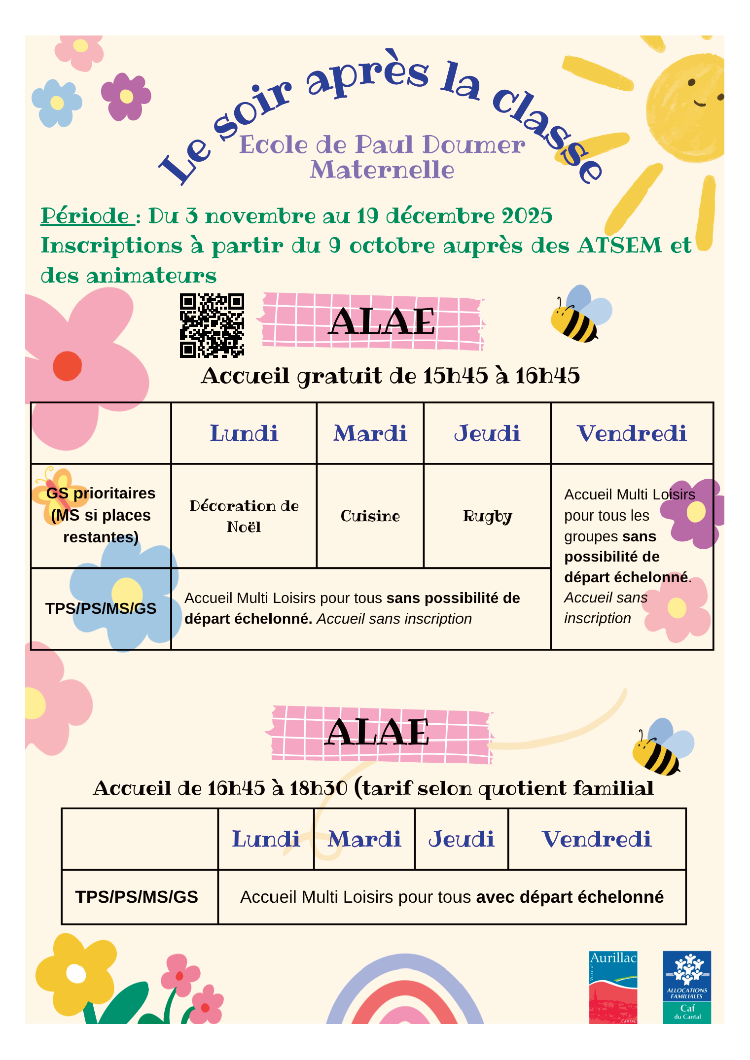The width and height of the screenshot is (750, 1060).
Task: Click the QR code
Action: pyautogui.click(x=212, y=325)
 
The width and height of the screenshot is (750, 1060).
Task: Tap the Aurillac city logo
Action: pyautogui.click(x=613, y=987)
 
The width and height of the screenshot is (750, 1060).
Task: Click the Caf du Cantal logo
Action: pyautogui.click(x=686, y=987)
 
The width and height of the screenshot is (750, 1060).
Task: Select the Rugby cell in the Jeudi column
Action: pyautogui.click(x=487, y=516)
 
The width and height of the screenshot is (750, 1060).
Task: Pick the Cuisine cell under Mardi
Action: pyautogui.click(x=370, y=516)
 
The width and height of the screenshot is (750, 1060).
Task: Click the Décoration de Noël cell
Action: pyautogui.click(x=244, y=516)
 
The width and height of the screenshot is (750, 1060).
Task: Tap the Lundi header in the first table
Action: pyautogui.click(x=244, y=433)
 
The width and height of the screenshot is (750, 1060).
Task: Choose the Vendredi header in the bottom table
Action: pyautogui.click(x=597, y=839)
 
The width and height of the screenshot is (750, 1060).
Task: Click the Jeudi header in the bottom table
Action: pyautogui.click(x=461, y=839)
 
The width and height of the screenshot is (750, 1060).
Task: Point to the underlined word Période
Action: pyautogui.click(x=85, y=216)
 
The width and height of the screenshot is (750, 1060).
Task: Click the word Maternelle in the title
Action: pyautogui.click(x=382, y=170)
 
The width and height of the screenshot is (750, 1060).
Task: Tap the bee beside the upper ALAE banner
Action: pyautogui.click(x=579, y=316)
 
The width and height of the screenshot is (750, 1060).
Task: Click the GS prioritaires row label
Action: pyautogui.click(x=101, y=515)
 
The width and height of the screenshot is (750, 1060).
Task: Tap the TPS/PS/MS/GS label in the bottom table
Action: pyautogui.click(x=137, y=897)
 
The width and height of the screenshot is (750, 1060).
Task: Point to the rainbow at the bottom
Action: pyautogui.click(x=404, y=996)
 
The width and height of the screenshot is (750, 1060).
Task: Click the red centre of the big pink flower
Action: pyautogui.click(x=67, y=366)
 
